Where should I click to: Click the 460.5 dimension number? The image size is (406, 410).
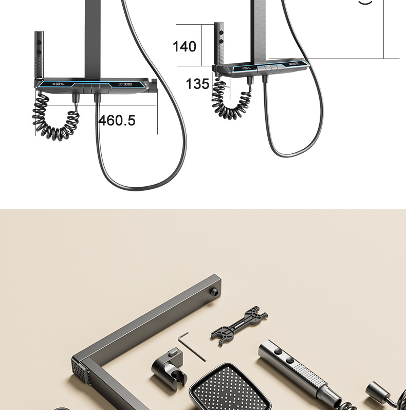pyautogui.click(x=117, y=120)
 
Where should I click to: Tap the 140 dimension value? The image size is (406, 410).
pyautogui.click(x=184, y=46)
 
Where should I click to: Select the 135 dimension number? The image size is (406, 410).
pyautogui.click(x=197, y=84)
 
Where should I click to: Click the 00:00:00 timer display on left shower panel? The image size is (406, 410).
pyautogui.click(x=125, y=84)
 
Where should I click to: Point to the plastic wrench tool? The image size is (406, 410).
pyautogui.click(x=239, y=326)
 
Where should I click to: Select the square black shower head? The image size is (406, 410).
pyautogui.click(x=230, y=387)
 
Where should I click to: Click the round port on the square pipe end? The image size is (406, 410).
pyautogui.click(x=215, y=291)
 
